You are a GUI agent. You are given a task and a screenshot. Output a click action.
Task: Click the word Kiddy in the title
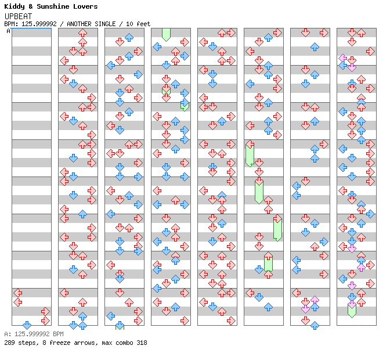coord(14,6)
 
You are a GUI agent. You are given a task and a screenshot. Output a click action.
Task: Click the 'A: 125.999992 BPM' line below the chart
coord(33,334)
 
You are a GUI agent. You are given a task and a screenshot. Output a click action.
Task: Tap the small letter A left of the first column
coord(8,31)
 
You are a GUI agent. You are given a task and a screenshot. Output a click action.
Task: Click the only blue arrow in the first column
coord(27,325)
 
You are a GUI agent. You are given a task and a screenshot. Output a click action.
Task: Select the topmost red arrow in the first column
coord(17,293)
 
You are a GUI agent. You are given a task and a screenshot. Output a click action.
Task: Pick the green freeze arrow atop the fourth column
coord(166,34)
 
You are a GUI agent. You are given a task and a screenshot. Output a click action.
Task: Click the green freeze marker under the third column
coord(120,326)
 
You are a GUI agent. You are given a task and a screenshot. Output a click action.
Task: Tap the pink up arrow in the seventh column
coord(315,300)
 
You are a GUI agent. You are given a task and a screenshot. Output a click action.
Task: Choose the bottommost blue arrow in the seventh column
coord(315,325)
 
